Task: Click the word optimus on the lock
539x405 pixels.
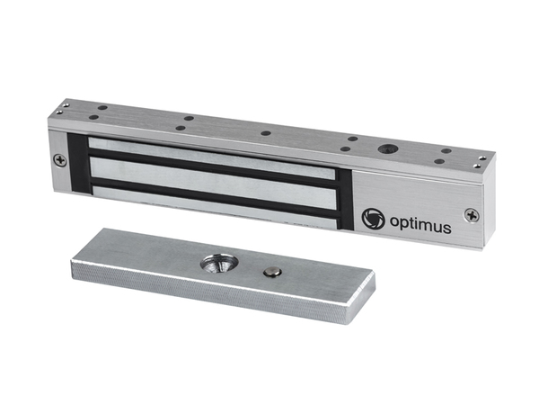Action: (x=420, y=225)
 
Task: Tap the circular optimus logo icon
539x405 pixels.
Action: (x=373, y=219)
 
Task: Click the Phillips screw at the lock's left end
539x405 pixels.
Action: (x=60, y=160)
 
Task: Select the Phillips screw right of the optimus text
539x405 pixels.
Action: (x=472, y=216)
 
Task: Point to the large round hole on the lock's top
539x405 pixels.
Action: (x=388, y=149)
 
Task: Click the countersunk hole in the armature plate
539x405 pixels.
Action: (x=216, y=264)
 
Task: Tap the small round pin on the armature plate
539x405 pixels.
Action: (x=272, y=273)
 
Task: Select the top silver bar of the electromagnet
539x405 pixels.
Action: (x=211, y=157)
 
